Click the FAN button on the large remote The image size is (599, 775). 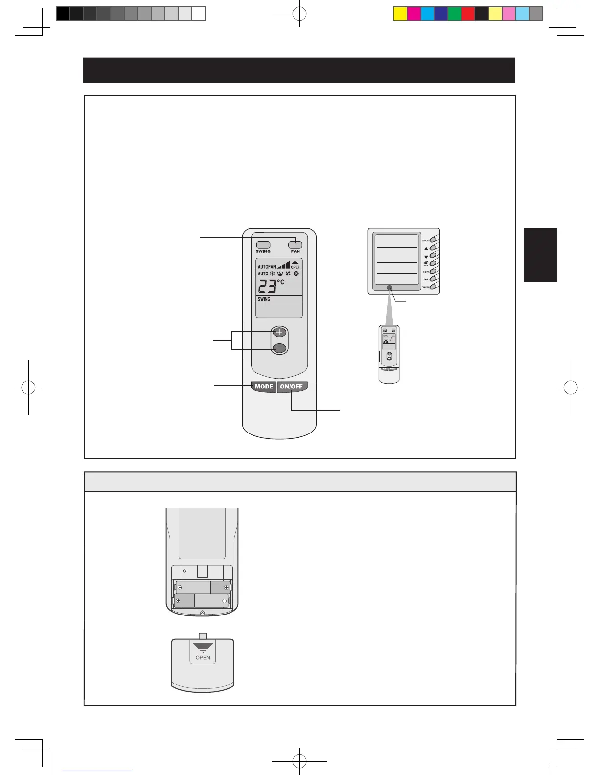pos(295,245)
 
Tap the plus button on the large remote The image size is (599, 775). pos(279,332)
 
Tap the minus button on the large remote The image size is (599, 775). pos(279,348)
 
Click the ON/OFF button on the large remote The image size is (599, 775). pos(292,387)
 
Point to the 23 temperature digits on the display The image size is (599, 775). pos(267,286)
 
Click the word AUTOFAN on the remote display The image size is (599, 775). pos(267,267)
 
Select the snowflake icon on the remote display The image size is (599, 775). pos(273,274)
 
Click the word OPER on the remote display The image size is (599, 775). pos(296,267)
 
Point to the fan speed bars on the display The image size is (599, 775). pos(283,265)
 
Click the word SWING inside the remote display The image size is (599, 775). pos(264,299)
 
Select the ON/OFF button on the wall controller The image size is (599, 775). pos(433,287)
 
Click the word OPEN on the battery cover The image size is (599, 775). pos(203,658)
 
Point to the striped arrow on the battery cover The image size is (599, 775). pos(203,648)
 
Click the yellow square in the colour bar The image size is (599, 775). pos(400,14)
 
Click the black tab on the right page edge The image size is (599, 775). pos(540,255)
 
